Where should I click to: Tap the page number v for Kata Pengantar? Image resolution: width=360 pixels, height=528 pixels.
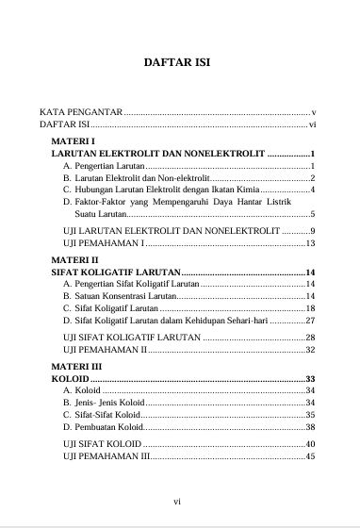(312, 111)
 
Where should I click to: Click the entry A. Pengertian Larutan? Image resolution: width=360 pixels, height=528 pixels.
(104, 165)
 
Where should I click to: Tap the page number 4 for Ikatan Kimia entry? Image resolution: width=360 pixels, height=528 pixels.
(311, 190)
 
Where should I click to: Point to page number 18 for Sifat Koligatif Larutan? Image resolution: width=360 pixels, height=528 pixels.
(309, 308)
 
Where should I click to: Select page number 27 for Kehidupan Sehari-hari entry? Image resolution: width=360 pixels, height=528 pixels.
(309, 321)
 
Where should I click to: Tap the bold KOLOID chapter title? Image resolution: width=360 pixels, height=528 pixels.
(65, 378)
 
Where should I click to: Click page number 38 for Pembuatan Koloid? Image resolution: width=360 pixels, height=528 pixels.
(309, 427)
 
